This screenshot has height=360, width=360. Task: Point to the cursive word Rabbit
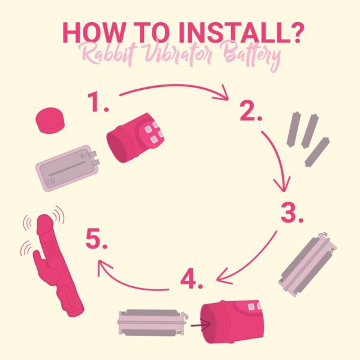click(x=108, y=55)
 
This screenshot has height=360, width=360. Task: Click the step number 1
click(x=97, y=102)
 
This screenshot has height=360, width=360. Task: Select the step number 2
click(x=251, y=111)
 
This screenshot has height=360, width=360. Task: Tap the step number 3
click(x=292, y=212)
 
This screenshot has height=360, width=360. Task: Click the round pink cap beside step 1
click(x=50, y=121)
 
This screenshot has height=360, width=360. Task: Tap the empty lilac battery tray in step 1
click(x=68, y=168)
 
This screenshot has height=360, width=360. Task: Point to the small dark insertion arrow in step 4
click(x=200, y=325)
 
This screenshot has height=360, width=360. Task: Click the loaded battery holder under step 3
click(x=307, y=264)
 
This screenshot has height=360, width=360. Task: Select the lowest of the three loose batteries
click(x=317, y=152)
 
